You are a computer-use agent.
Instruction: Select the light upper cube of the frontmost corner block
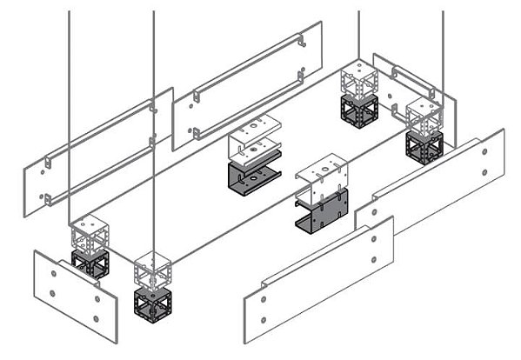pyautogui.click(x=152, y=270)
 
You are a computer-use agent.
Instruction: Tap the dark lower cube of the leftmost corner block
pyautogui.click(x=90, y=263)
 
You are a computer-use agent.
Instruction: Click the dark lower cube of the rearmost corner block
pyautogui.click(x=358, y=112)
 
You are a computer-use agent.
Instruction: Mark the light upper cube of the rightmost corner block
pyautogui.click(x=425, y=115)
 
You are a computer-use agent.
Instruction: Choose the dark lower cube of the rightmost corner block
pyautogui.click(x=424, y=145)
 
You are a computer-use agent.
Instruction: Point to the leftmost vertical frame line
pyautogui.click(x=70, y=104)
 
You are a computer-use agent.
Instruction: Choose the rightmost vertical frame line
pyautogui.click(x=443, y=52)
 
